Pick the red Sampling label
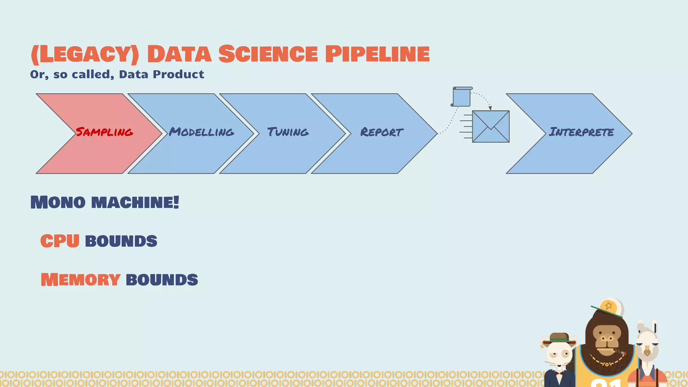[x=104, y=132]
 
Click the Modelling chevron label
[x=202, y=132]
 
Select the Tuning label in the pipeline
[x=288, y=132]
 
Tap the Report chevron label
[x=382, y=132]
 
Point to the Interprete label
[x=581, y=132]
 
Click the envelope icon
[x=490, y=127]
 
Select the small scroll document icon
[x=462, y=97]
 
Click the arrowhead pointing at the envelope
[x=490, y=108]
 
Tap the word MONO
[x=58, y=202]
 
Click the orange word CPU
[x=60, y=241]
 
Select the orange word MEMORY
[x=80, y=280]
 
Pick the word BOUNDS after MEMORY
[x=162, y=280]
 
